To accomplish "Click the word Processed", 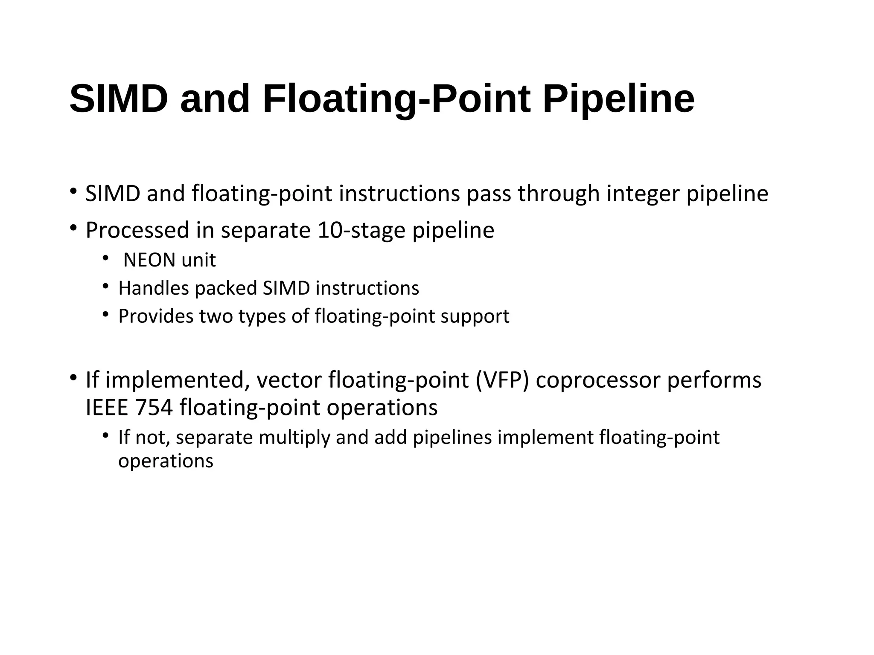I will tap(137, 230).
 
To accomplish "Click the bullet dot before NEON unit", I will tap(105, 258).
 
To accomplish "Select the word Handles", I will tap(154, 288).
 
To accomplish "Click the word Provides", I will tap(155, 316).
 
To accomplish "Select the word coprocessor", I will tap(598, 380).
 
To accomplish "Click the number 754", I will tap(154, 408).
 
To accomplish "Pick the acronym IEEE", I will tap(107, 408).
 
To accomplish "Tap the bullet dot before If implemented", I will tap(73, 377).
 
